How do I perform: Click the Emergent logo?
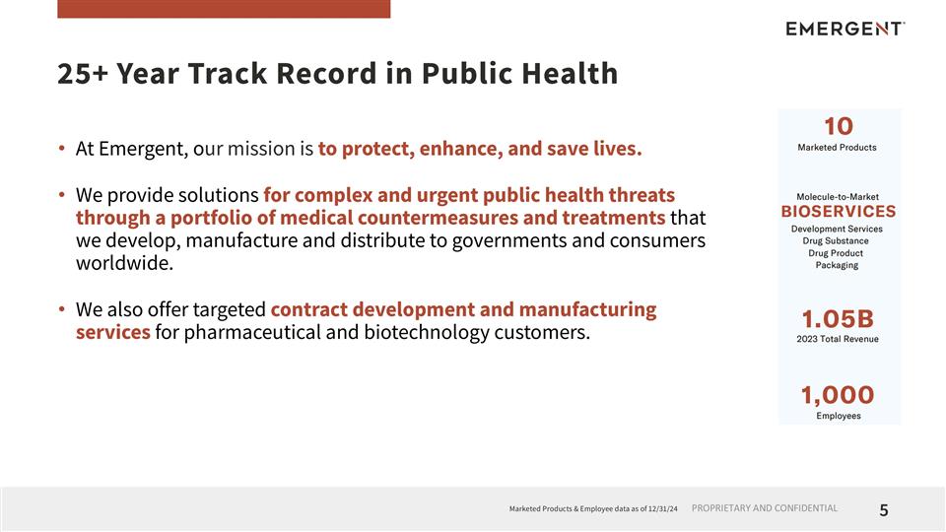(845, 29)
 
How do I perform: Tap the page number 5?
(884, 509)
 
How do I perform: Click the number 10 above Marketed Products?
(838, 126)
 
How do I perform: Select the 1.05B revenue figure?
(838, 319)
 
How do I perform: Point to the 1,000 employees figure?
(838, 395)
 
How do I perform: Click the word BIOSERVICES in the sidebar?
(838, 211)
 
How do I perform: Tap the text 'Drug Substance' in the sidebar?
(837, 240)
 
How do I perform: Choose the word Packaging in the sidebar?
(837, 265)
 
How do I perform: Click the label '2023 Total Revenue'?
(838, 339)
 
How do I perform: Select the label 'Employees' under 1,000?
(838, 416)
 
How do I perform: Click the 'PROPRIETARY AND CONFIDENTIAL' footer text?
(765, 508)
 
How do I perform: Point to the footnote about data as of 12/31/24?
(593, 509)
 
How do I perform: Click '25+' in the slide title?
(83, 74)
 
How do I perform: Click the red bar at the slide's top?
(224, 9)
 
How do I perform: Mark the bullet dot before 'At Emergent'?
(62, 150)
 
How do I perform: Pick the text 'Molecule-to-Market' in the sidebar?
(838, 197)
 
